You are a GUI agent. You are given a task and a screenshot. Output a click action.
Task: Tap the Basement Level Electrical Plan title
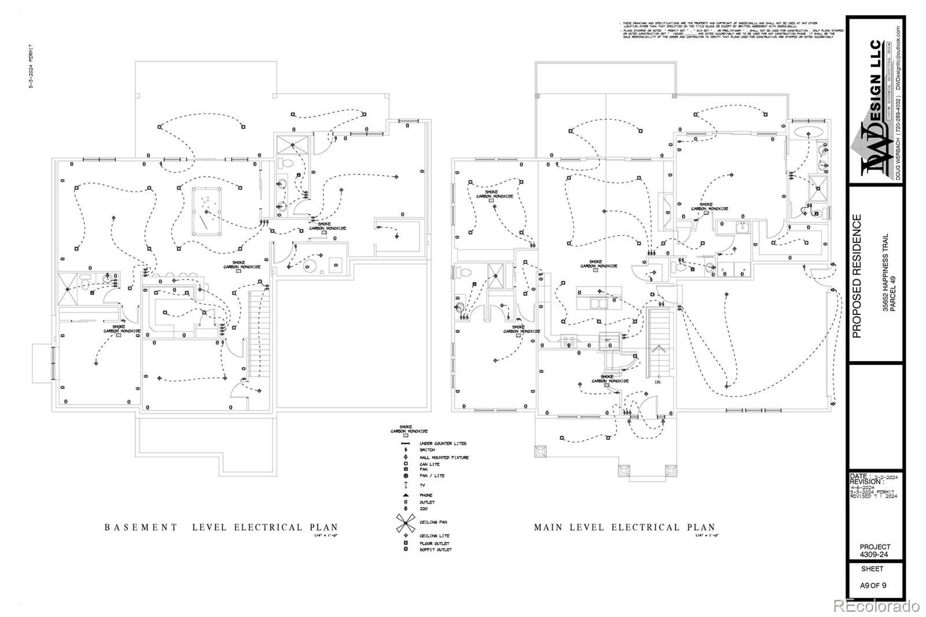coord(221,527)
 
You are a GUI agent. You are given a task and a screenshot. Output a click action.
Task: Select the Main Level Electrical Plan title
coord(624,527)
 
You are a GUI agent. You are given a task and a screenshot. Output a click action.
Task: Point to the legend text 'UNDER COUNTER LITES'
coord(443,443)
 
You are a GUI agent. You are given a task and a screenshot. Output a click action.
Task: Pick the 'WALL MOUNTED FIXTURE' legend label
coord(444,457)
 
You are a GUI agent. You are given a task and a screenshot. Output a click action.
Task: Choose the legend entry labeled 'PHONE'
coord(426,495)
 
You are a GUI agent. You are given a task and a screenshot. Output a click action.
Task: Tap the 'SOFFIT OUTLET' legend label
coord(436,549)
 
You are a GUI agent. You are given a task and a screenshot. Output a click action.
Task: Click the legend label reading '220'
coord(424,509)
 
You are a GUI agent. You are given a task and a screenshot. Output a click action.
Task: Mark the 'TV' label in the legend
coord(422,484)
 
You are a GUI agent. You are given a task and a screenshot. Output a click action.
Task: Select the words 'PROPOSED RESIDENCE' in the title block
coord(857,276)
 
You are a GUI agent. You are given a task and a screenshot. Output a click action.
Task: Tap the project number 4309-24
coord(874,554)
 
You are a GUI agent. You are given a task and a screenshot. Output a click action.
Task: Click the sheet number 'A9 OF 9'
coord(873,585)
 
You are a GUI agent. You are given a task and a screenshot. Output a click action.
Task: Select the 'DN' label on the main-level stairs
coord(657,382)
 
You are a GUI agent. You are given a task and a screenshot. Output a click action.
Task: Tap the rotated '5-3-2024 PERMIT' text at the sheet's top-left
coord(31,65)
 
